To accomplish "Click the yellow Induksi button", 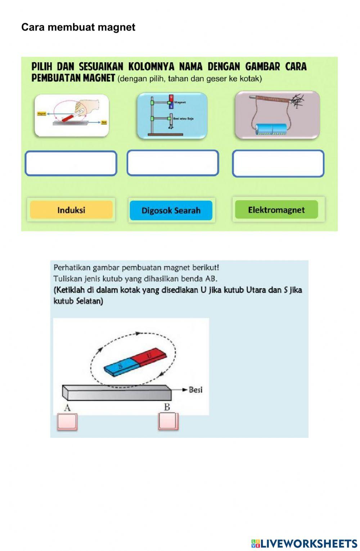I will coord(71,210).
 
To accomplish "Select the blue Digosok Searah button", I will coord(171,210).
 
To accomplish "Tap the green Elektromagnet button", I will coord(276,210).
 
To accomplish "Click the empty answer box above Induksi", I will coord(71,163).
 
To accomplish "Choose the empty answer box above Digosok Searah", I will coord(173,163).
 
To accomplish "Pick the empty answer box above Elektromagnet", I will coord(278,163).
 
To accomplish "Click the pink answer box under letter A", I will coord(67,422).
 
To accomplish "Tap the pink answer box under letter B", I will coord(168,422).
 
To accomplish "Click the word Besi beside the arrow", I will coord(195,390).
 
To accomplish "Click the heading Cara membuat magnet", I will coord(78,27).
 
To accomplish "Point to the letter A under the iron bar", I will coord(67,408).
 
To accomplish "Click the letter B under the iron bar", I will coord(167,407).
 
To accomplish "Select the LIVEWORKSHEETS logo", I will coord(304,543).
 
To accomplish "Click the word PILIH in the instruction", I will coord(42,67).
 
